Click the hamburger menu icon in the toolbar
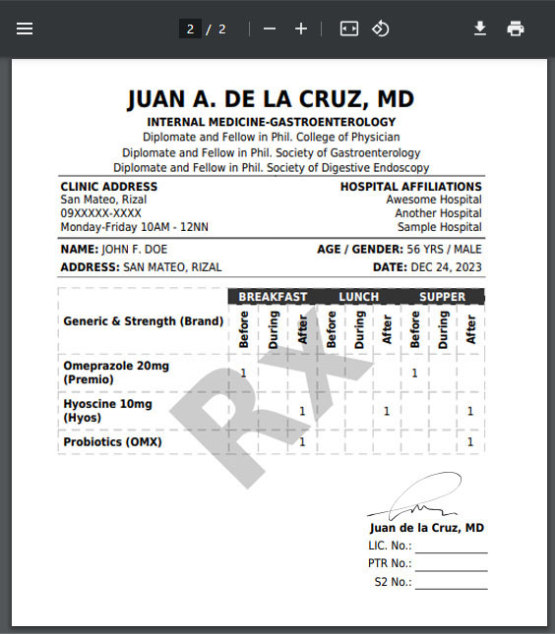pos(25,29)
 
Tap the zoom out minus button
pos(270,29)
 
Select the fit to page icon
pos(349,29)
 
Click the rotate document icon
pos(381,29)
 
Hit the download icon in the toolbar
pos(480,29)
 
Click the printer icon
pos(516,29)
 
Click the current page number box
pos(191,29)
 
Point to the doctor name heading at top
pos(271,100)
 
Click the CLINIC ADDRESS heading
pos(108,187)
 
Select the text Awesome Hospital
pos(433,200)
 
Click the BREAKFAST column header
pos(273,297)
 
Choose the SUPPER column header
pos(443,297)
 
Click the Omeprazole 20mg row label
pos(116,367)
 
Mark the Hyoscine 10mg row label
pos(107,404)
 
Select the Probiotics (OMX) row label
pos(112,442)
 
